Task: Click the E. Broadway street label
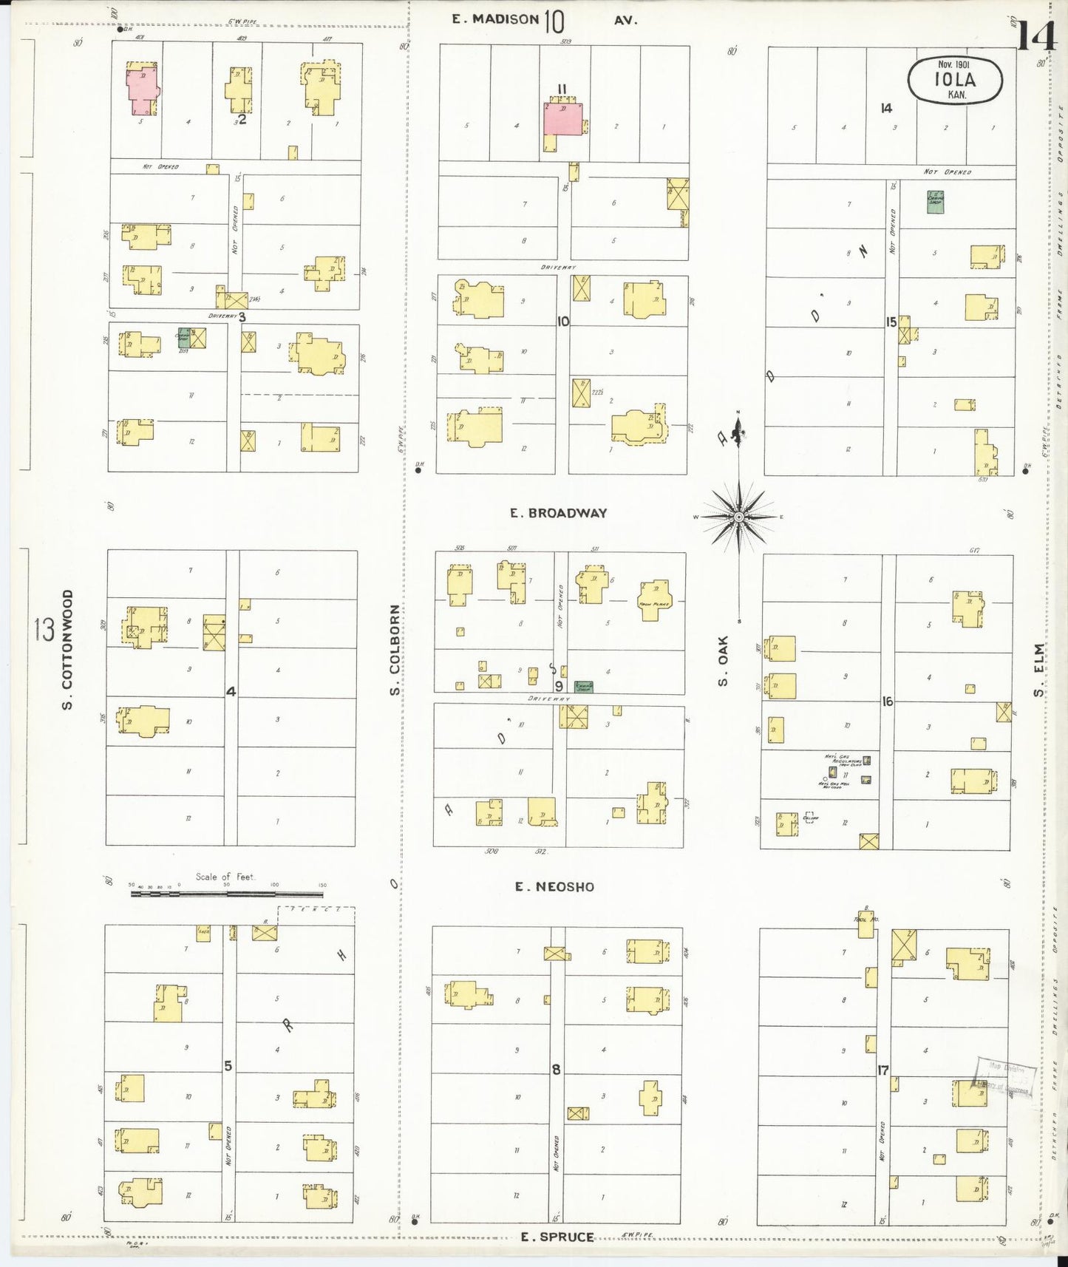(558, 512)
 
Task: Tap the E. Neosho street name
(554, 886)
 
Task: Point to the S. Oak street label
(723, 660)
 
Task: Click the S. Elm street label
(1039, 670)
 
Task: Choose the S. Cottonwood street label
(67, 650)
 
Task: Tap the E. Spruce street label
(557, 1236)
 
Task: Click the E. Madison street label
(495, 19)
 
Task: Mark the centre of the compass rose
(738, 517)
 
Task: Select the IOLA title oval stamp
(955, 80)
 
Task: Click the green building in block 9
(584, 686)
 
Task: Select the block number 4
(231, 692)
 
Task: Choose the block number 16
(887, 701)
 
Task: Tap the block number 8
(556, 1069)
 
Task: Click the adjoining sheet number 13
(44, 630)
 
